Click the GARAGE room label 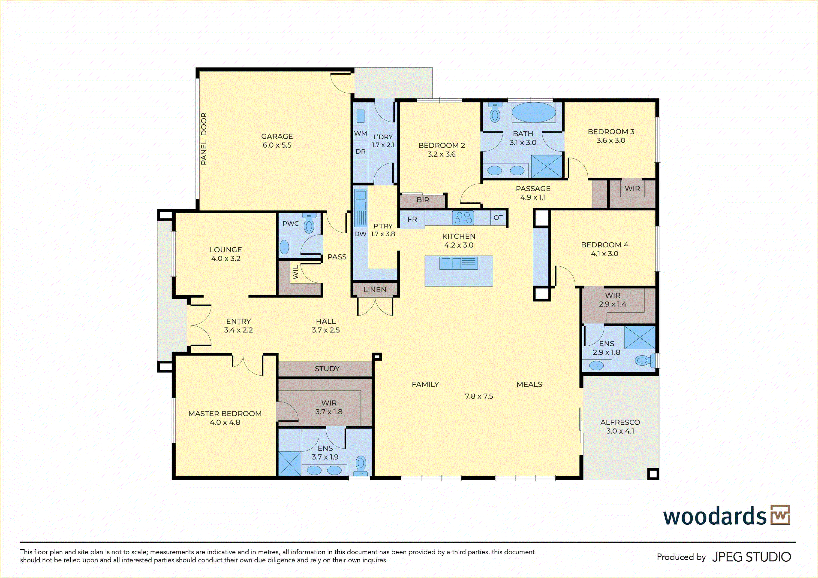click(x=277, y=136)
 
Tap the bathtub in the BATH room click(x=533, y=113)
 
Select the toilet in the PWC click(x=309, y=224)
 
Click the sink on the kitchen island click(x=459, y=263)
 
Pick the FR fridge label click(x=412, y=219)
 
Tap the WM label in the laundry click(x=361, y=133)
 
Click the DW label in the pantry click(x=360, y=234)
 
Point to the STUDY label click(x=327, y=369)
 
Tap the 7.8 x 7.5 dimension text click(x=479, y=396)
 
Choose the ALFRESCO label click(x=620, y=422)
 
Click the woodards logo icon click(x=780, y=515)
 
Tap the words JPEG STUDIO click(x=751, y=557)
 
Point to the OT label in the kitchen click(x=498, y=218)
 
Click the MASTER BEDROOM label click(x=225, y=414)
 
